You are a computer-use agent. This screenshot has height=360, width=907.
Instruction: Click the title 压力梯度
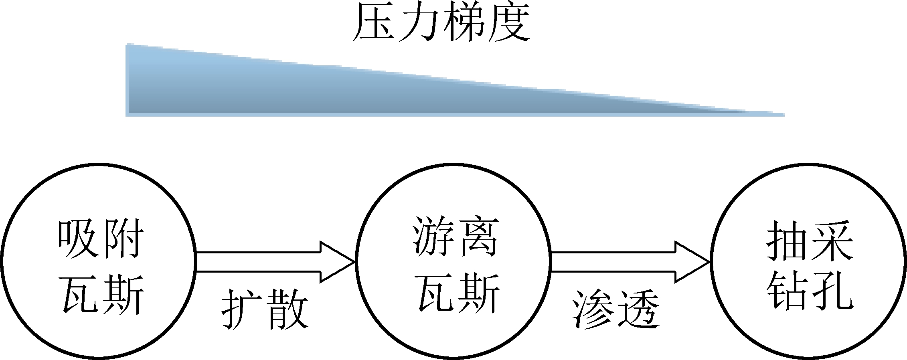(441, 22)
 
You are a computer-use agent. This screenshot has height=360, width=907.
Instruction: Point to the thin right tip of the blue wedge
(774, 114)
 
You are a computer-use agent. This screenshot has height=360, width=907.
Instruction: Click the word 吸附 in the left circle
(100, 239)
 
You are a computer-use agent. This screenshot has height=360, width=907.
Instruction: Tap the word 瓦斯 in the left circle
(103, 295)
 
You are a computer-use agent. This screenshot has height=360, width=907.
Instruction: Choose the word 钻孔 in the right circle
(810, 291)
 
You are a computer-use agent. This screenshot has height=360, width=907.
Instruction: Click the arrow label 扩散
(265, 309)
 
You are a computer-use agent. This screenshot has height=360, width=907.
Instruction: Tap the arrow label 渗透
(615, 309)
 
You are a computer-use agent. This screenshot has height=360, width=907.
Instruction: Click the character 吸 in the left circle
(78, 239)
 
